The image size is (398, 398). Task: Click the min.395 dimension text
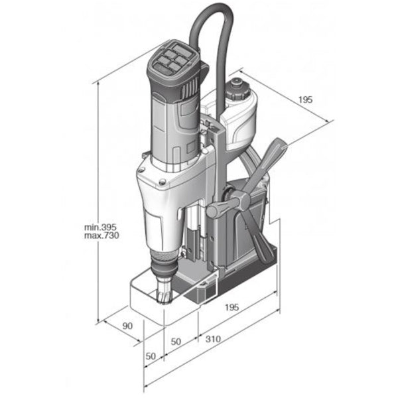pos(100,227)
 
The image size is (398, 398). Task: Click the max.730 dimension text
pos(101,235)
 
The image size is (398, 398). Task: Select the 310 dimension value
pos(213,339)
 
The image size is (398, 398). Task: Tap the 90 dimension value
pos(127,326)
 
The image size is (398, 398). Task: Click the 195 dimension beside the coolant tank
pos(305,99)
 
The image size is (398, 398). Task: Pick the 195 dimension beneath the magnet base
pos(232,307)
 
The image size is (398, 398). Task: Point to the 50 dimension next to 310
pos(176,342)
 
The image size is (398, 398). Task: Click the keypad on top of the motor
pos(172,60)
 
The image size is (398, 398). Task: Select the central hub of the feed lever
pos(243,200)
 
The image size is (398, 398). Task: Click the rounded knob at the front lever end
pos(213,211)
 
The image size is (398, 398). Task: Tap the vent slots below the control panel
pos(190,90)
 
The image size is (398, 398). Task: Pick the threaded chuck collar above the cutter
pos(163,255)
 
